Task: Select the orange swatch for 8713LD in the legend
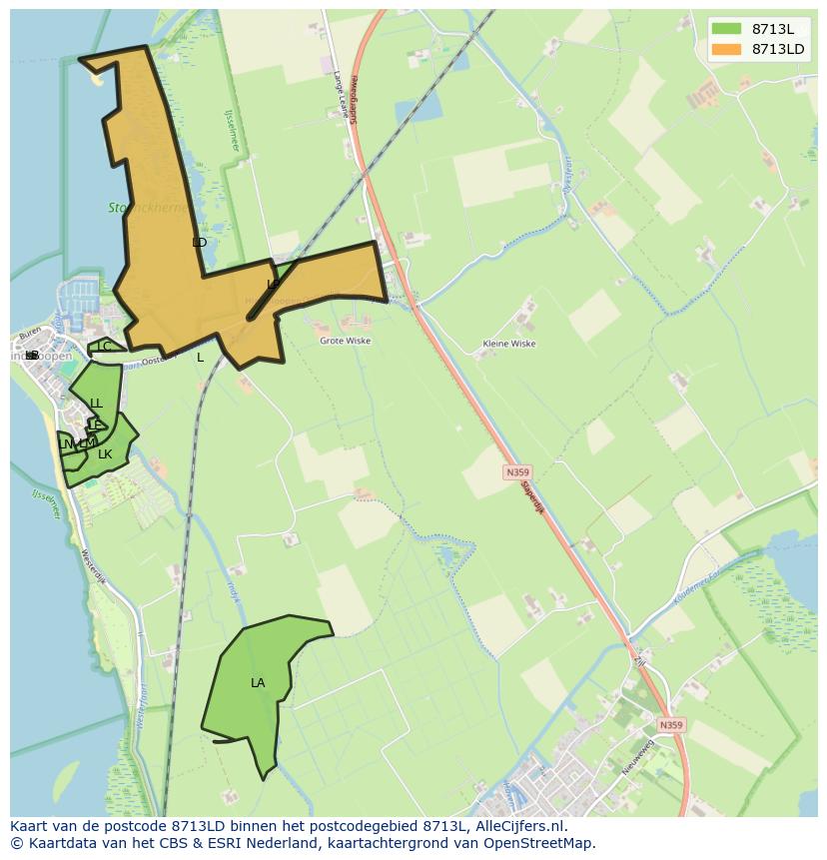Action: [727, 49]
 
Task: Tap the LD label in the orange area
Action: [199, 243]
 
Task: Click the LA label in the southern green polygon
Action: [258, 683]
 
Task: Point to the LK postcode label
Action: [105, 454]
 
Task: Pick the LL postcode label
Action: [96, 404]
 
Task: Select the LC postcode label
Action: [104, 347]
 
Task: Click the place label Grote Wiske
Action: [345, 341]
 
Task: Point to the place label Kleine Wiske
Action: [509, 344]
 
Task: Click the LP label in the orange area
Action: [273, 285]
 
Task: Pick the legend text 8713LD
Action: [778, 49]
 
